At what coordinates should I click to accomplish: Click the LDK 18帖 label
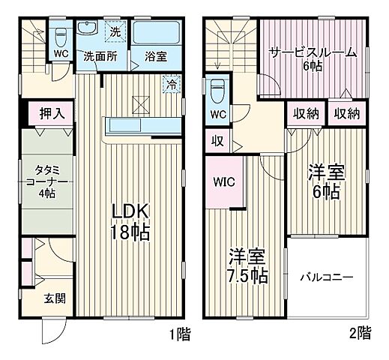pyautogui.click(x=131, y=220)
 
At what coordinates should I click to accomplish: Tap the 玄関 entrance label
pyautogui.click(x=54, y=298)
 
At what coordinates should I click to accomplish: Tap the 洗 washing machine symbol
pyautogui.click(x=115, y=32)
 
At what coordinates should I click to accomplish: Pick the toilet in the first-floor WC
pyautogui.click(x=61, y=35)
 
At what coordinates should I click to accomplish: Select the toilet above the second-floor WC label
pyautogui.click(x=216, y=91)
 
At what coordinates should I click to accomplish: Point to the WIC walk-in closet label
pyautogui.click(x=224, y=181)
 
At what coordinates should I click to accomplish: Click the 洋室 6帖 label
pyautogui.click(x=325, y=181)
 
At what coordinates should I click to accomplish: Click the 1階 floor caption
pyautogui.click(x=179, y=333)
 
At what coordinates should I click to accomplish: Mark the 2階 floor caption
pyautogui.click(x=359, y=333)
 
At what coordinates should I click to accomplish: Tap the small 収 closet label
pyautogui.click(x=216, y=140)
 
